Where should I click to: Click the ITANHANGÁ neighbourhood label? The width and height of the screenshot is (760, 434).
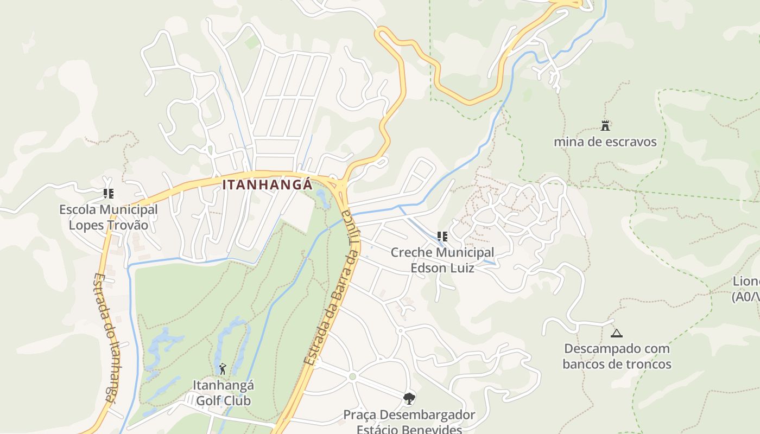[x=267, y=185]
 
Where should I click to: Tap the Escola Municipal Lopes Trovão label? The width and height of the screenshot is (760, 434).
[x=108, y=217]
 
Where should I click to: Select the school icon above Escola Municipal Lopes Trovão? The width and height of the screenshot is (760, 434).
[x=108, y=193]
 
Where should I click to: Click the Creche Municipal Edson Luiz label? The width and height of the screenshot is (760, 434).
[x=442, y=260]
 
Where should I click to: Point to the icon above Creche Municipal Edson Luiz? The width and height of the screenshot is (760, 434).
[x=442, y=237]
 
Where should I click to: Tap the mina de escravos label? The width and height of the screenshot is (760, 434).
[x=605, y=142]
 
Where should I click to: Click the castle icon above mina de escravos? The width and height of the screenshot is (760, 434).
[x=605, y=126]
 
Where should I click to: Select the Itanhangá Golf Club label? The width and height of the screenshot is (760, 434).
[x=223, y=393]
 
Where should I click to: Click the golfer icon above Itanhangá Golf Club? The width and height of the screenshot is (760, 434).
[x=223, y=369]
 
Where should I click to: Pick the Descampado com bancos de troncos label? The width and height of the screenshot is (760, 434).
[x=617, y=356]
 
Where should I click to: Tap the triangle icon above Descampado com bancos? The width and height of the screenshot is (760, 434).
[x=616, y=333]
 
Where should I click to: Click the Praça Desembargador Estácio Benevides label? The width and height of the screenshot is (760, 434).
[x=409, y=422]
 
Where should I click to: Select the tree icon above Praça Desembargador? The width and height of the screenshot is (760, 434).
[x=409, y=399]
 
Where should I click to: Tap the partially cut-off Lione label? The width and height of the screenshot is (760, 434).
[x=746, y=289]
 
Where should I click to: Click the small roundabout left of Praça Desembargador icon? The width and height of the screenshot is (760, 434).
[x=352, y=376]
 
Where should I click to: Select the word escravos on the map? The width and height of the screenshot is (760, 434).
[x=631, y=142]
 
